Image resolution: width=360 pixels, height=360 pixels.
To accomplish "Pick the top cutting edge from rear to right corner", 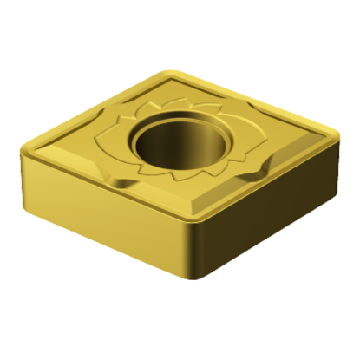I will coord(256,98).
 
